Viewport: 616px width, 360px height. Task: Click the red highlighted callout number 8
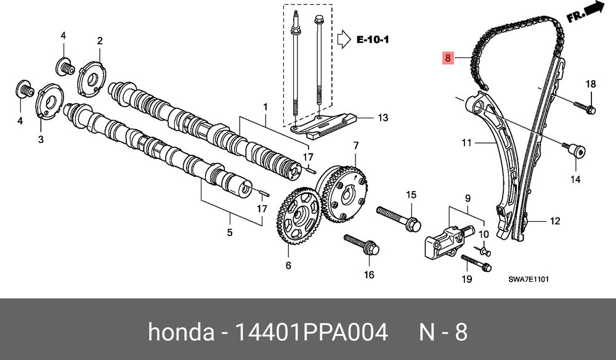(x=447, y=59)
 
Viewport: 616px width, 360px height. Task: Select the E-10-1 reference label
(x=373, y=39)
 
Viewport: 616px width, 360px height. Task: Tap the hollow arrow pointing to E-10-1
(x=344, y=39)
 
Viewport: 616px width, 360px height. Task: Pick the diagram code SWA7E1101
(x=529, y=279)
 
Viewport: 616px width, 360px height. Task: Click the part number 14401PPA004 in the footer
(x=311, y=332)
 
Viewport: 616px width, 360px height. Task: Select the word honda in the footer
(x=181, y=332)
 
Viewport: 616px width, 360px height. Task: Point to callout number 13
(x=383, y=118)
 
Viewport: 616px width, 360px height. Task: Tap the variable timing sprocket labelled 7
(x=344, y=190)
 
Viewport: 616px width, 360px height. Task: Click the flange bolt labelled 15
(x=399, y=218)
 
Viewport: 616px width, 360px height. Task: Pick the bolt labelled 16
(x=362, y=245)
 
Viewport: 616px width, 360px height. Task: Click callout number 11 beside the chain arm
(x=466, y=142)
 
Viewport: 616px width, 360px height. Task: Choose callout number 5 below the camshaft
(x=230, y=232)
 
